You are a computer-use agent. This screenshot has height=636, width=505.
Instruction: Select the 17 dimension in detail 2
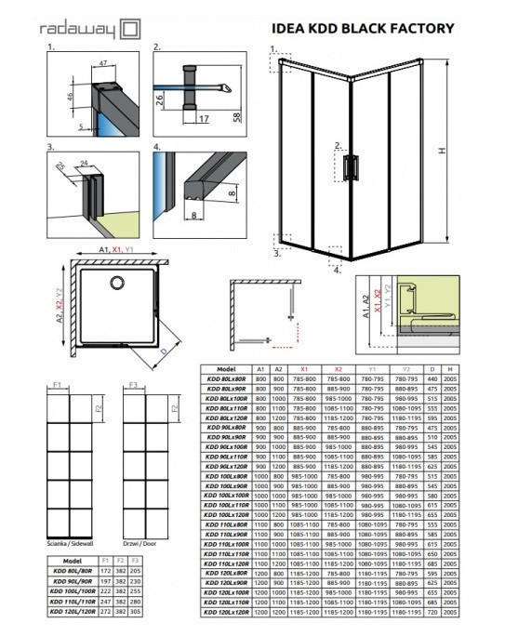click(x=206, y=118)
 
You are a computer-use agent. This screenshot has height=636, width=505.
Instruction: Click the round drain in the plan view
click(x=116, y=283)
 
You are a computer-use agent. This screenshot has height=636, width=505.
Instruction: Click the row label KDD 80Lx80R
click(x=225, y=378)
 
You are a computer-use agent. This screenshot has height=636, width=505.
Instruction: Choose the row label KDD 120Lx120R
click(x=225, y=612)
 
